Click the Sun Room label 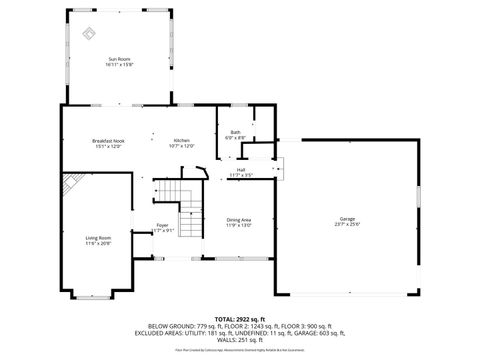pyautogui.click(x=120, y=59)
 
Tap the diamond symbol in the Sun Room pyautogui.click(x=89, y=33)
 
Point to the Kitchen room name pyautogui.click(x=181, y=141)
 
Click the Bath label pyautogui.click(x=234, y=131)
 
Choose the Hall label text pyautogui.click(x=241, y=170)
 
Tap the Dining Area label pyautogui.click(x=239, y=220)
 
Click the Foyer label pyautogui.click(x=161, y=226)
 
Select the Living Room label pyautogui.click(x=97, y=238)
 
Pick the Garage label pyautogui.click(x=347, y=218)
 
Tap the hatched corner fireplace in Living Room pyautogui.click(x=71, y=184)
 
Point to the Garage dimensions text pyautogui.click(x=347, y=224)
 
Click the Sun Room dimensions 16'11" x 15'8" pyautogui.click(x=120, y=65)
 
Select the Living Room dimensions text pyautogui.click(x=97, y=244)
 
